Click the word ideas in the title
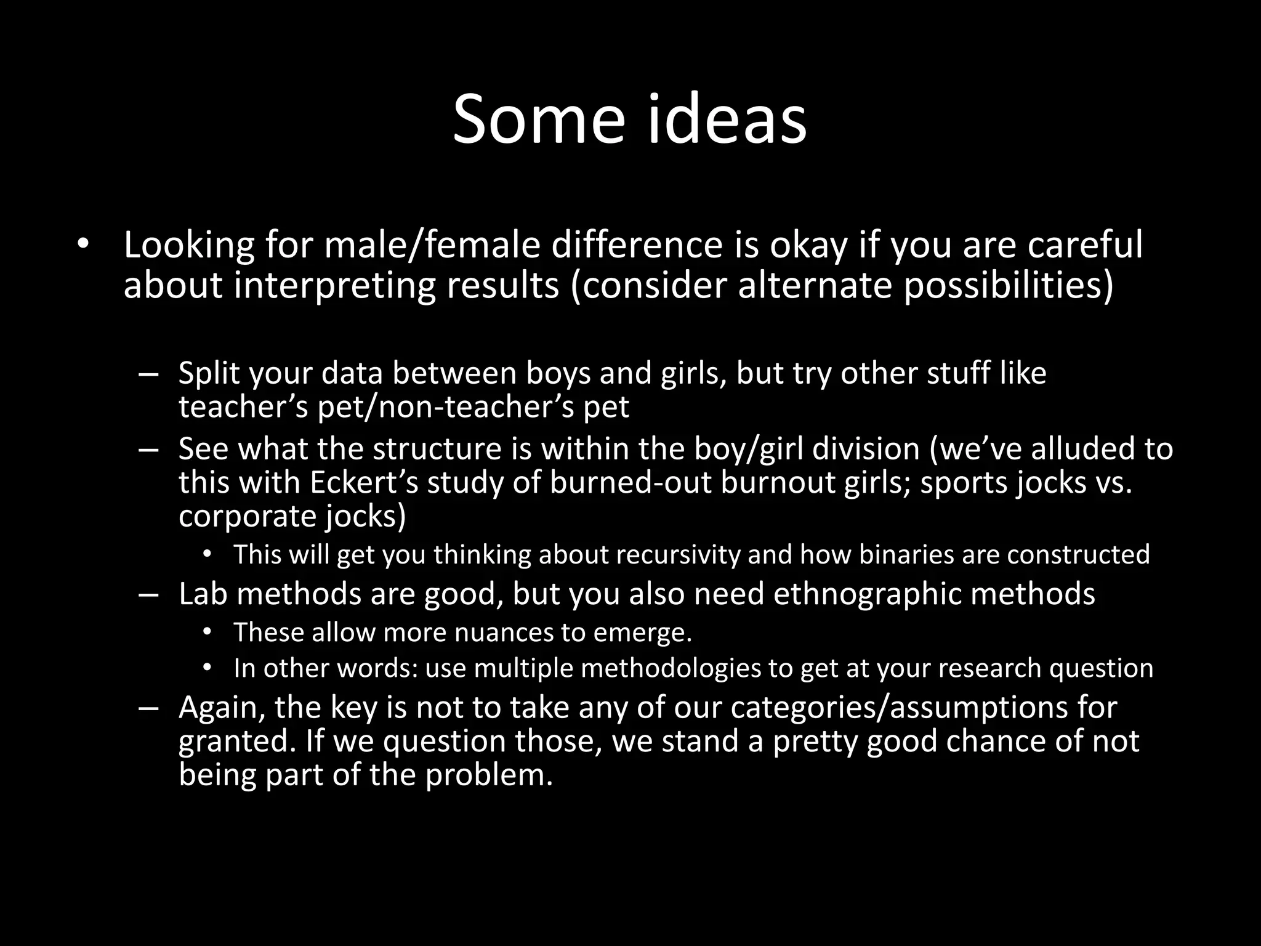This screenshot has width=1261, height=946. point(727,118)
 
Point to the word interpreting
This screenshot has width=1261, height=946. point(334,285)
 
